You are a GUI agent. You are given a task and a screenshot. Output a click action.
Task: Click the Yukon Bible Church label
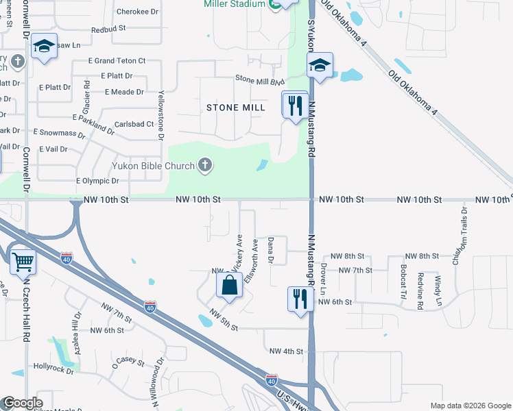click(x=153, y=165)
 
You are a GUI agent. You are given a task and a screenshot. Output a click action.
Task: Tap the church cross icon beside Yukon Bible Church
click(x=204, y=164)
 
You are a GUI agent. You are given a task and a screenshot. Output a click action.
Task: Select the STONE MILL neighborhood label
click(x=236, y=108)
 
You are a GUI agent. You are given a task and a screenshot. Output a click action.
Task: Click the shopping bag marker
click(x=229, y=285)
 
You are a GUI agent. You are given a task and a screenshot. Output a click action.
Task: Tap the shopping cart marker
click(x=23, y=261)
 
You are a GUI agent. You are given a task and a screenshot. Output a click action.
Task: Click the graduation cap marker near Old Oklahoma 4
click(x=320, y=65)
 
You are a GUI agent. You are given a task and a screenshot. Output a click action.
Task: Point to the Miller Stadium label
click(x=234, y=4)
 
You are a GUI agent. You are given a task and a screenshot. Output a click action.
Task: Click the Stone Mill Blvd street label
click(x=260, y=81)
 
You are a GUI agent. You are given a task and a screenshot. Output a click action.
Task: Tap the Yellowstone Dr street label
click(x=161, y=116)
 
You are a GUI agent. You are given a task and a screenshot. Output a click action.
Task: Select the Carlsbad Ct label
click(x=134, y=124)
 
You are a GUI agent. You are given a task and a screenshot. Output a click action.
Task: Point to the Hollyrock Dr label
click(x=53, y=368)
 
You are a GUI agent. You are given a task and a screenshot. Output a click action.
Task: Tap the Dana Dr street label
click(x=270, y=250)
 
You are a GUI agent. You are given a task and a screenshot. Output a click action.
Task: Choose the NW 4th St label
click(x=286, y=351)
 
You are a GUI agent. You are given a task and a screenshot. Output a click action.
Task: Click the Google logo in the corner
click(x=22, y=403)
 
